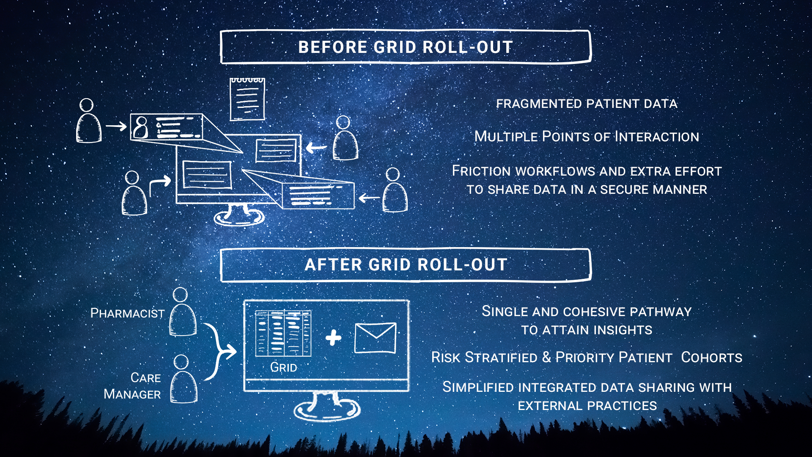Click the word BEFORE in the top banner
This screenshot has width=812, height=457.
[333, 47]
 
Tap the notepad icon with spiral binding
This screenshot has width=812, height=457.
[247, 99]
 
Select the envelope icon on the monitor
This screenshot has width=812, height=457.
[375, 338]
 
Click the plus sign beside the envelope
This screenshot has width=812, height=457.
[333, 338]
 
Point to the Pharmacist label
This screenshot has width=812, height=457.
[127, 313]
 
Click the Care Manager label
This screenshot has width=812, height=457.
[132, 386]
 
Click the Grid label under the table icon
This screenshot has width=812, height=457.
[283, 367]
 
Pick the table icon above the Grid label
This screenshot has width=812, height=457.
[283, 333]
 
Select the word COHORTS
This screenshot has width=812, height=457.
[712, 358]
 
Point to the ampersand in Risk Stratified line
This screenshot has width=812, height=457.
[546, 358]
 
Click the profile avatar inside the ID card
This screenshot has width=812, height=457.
[141, 127]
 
